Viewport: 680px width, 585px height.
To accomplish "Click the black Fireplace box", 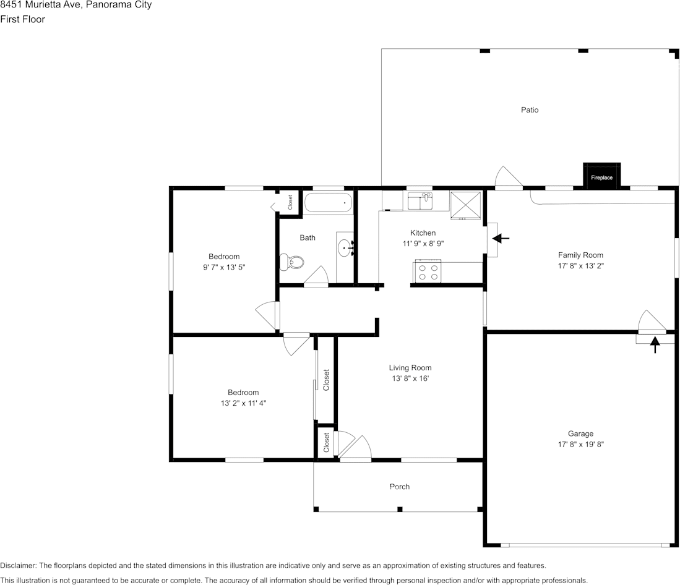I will (601, 176).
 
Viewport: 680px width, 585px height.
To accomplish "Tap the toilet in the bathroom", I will (293, 262).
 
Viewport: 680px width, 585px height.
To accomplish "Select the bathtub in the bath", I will (328, 203).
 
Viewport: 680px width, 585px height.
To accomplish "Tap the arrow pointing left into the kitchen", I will (500, 238).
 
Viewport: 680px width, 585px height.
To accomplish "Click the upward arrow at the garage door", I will (655, 344).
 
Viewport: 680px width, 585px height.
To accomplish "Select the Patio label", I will (529, 110).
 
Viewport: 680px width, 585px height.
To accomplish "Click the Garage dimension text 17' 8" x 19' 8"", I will (580, 444).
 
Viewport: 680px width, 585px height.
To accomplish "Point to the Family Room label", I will (580, 255).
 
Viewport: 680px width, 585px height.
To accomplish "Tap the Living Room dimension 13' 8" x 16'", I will (410, 378).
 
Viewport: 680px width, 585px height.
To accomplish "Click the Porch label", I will (399, 487).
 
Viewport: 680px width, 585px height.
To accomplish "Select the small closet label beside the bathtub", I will (290, 202).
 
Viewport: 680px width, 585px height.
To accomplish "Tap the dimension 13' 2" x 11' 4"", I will (243, 403).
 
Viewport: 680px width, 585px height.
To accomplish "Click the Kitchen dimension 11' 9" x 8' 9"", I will (423, 244).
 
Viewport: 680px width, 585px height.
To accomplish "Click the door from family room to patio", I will (509, 177).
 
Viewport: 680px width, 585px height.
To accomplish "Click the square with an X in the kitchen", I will (465, 205).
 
